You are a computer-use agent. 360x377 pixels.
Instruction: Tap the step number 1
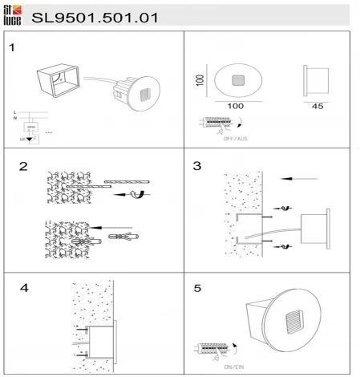[x=12, y=47]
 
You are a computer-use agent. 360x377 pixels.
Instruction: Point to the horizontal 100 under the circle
[x=235, y=105]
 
